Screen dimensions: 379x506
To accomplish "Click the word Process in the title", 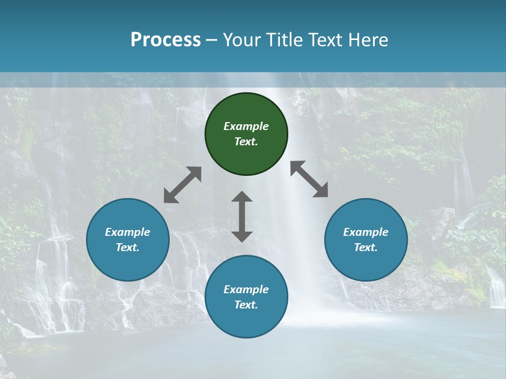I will click(x=166, y=40).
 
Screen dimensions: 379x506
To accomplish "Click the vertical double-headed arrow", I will click(x=242, y=216).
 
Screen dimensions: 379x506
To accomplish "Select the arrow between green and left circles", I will click(x=182, y=185).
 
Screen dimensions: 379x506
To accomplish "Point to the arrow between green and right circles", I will click(x=309, y=179).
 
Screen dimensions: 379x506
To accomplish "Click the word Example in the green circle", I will click(x=246, y=126).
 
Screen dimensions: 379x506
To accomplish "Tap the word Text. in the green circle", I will click(x=246, y=142).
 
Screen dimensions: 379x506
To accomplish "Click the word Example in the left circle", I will click(x=128, y=232).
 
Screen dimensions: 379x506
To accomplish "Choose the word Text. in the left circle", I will click(x=128, y=247).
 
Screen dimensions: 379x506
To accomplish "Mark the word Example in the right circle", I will click(x=366, y=232).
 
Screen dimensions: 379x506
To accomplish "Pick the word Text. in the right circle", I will click(x=366, y=247).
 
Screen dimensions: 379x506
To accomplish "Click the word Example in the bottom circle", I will click(x=246, y=290).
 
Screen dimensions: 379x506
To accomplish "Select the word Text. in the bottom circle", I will click(x=246, y=305).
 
